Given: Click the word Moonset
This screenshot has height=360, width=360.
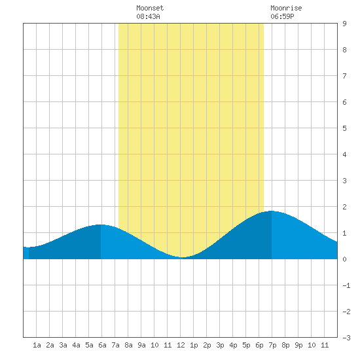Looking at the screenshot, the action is pyautogui.click(x=150, y=8).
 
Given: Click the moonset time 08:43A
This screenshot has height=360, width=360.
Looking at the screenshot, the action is pyautogui.click(x=148, y=16).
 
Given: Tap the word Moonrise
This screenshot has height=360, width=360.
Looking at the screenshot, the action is pyautogui.click(x=286, y=8).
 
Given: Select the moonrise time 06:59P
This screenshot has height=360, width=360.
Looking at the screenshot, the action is pyautogui.click(x=282, y=16).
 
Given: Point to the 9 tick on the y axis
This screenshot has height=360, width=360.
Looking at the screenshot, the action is pyautogui.click(x=344, y=24).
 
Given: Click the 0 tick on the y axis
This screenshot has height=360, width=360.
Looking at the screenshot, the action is pyautogui.click(x=344, y=259).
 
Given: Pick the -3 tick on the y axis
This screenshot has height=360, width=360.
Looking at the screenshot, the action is pyautogui.click(x=346, y=338).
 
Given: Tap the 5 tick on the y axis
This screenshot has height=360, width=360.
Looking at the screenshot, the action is pyautogui.click(x=344, y=128).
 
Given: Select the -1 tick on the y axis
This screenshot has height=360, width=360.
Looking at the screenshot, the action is pyautogui.click(x=346, y=285).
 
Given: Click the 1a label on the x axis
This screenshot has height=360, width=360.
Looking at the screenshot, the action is pyautogui.click(x=37, y=345).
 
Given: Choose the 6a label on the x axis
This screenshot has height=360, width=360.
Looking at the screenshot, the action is pyautogui.click(x=102, y=345).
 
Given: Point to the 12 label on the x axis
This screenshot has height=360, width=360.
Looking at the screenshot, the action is pyautogui.click(x=181, y=345).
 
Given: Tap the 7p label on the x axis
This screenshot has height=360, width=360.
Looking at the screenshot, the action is pyautogui.click(x=272, y=345).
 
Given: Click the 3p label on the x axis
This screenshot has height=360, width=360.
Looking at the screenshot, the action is pyautogui.click(x=220, y=345).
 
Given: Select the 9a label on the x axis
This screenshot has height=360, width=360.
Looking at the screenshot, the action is pyautogui.click(x=141, y=345).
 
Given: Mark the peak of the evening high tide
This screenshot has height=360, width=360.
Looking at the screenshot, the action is pyautogui.click(x=272, y=211).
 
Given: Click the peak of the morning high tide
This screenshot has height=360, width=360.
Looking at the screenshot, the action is pyautogui.click(x=101, y=225).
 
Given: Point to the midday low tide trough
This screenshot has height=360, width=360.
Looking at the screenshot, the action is pyautogui.click(x=182, y=257).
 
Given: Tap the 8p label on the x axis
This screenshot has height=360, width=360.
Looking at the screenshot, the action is pyautogui.click(x=285, y=345).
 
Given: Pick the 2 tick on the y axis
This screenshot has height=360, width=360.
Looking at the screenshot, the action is pyautogui.click(x=344, y=207).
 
